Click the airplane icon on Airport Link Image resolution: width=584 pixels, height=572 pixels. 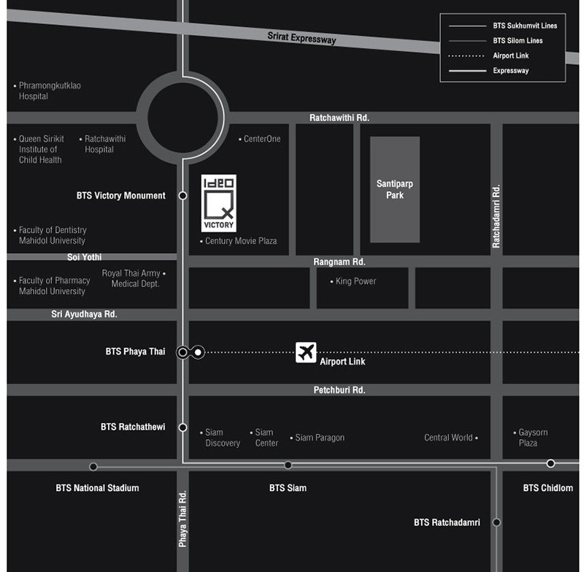click(306, 352)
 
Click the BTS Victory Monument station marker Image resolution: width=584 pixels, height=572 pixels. click(182, 196)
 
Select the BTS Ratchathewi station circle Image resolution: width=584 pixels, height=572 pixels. click(182, 428)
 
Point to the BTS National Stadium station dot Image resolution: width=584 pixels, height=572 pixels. click(93, 466)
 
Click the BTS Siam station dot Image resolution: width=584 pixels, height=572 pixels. click(288, 465)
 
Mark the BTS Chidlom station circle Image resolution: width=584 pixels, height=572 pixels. click(550, 463)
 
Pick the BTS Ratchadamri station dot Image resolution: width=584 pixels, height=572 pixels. click(496, 522)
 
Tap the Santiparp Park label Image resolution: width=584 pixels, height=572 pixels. click(395, 190)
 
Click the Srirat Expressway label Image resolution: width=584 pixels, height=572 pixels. click(301, 36)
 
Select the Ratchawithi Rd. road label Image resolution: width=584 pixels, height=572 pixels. click(339, 117)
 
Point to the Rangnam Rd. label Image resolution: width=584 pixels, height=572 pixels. click(339, 261)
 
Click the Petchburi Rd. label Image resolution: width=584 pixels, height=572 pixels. click(339, 390)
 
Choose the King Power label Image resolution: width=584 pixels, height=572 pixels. click(356, 281)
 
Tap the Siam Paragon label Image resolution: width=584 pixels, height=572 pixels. click(319, 438)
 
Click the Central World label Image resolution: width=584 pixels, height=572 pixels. click(448, 438)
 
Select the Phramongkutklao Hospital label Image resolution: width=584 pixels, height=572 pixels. click(49, 90)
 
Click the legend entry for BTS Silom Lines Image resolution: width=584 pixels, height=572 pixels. click(518, 41)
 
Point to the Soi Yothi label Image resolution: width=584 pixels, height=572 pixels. click(85, 257)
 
